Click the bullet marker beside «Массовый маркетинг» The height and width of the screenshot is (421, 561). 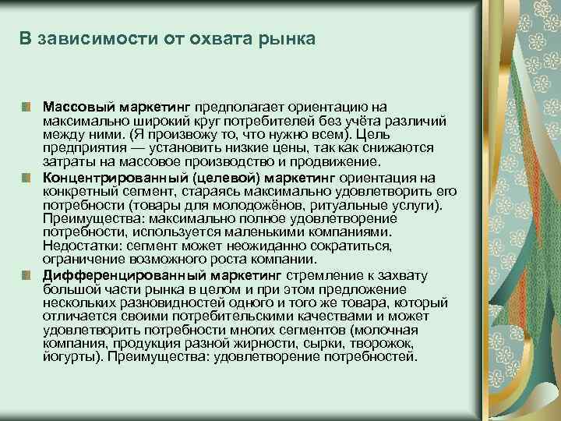point(27,105)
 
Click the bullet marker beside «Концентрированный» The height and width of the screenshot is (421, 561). point(27,177)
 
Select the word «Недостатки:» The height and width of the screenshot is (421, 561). point(82,246)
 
